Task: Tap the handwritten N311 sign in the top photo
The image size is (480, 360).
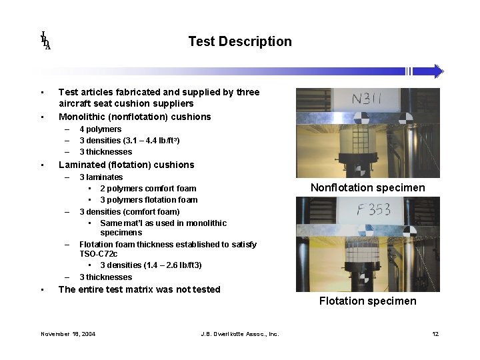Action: coord(367,99)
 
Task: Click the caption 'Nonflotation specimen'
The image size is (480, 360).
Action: coord(367,187)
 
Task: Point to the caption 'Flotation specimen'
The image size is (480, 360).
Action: coord(367,301)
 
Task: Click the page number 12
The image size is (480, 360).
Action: coord(435,334)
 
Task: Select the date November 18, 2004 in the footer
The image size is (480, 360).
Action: coord(68,334)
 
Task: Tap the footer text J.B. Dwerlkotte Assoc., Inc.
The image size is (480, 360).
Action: coord(239,334)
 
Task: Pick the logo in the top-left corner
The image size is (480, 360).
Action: coord(45,41)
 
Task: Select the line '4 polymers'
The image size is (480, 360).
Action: coord(100,129)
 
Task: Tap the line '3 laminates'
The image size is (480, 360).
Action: coord(101,177)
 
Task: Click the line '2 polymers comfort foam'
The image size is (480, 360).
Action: coord(148,189)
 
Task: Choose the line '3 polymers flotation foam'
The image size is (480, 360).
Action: coord(149,200)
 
